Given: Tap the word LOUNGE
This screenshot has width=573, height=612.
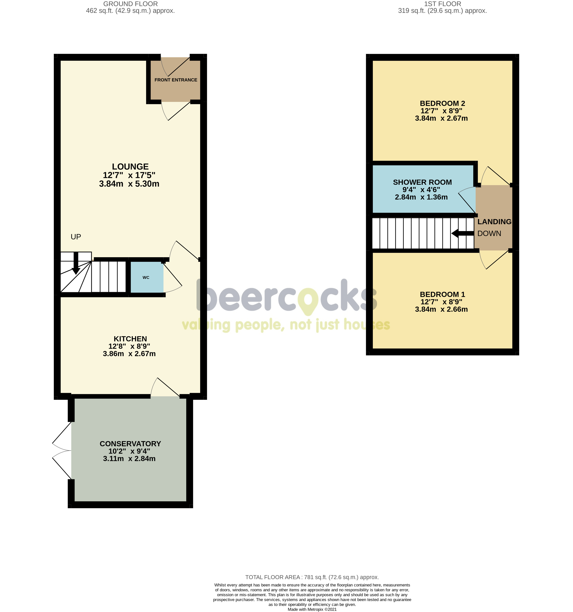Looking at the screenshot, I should tap(130, 167).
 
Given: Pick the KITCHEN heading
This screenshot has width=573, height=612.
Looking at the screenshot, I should tap(130, 339).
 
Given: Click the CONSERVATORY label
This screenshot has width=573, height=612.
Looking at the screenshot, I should tap(130, 444).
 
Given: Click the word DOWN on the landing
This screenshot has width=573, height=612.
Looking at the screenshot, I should tap(489, 233).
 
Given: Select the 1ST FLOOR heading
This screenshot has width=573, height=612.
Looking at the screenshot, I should tap(442, 4).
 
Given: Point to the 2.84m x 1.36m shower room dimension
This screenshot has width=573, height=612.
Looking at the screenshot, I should tap(421, 197).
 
